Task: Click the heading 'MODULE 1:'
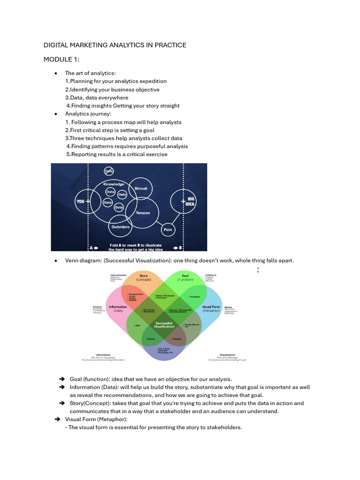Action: pyautogui.click(x=62, y=60)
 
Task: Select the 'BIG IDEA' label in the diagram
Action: pyautogui.click(x=191, y=202)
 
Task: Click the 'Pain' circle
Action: pyautogui.click(x=167, y=230)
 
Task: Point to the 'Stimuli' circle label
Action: pyautogui.click(x=141, y=188)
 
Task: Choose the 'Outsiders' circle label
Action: pyautogui.click(x=120, y=227)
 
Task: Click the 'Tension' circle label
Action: pyautogui.click(x=143, y=213)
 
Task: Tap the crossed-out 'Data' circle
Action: pyautogui.click(x=109, y=172)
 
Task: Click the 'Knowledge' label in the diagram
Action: pyautogui.click(x=113, y=184)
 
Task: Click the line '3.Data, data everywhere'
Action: pyautogui.click(x=97, y=97)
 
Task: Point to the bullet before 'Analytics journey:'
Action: pyautogui.click(x=56, y=114)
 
